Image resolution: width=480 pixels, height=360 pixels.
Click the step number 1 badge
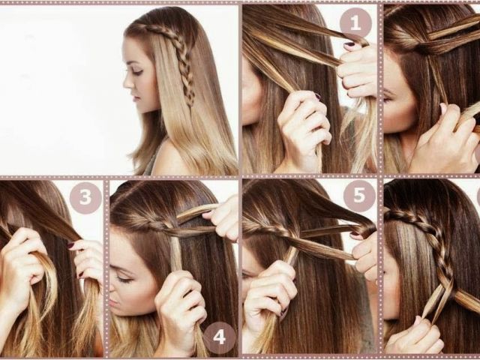355,22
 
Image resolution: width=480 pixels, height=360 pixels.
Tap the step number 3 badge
85,197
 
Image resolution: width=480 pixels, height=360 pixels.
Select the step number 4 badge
220,337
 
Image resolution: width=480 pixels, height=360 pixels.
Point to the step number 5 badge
359,195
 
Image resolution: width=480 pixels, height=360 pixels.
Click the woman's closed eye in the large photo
136,72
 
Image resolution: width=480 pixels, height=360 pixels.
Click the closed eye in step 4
124,279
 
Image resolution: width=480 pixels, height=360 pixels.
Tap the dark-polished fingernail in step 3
70,245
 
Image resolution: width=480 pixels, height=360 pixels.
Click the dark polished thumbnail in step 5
355,235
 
